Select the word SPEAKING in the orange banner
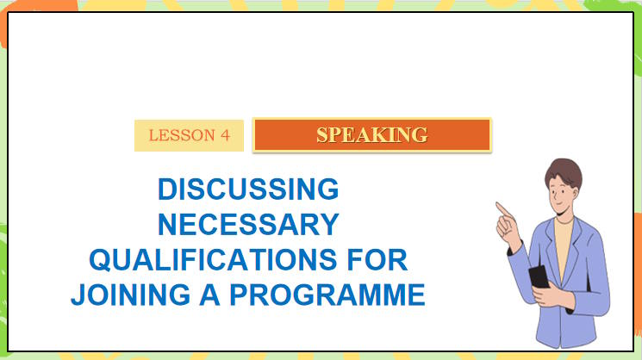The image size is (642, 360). [371, 134]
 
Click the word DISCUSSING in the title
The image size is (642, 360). [247, 189]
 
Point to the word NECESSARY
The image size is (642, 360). [247, 224]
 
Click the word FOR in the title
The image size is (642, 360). [372, 259]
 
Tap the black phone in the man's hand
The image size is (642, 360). [538, 276]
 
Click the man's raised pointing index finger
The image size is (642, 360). [501, 207]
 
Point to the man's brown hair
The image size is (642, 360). [564, 168]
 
